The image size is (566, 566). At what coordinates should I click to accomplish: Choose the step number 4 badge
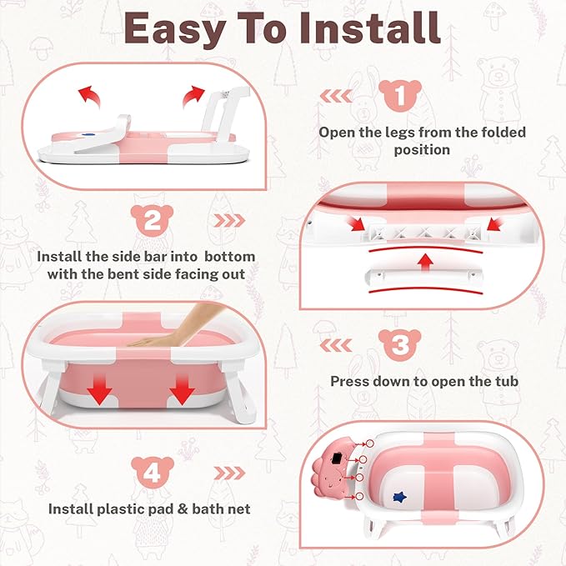(151, 473)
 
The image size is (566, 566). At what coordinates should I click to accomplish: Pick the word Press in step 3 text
(350, 381)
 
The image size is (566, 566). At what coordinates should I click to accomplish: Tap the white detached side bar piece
(424, 283)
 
